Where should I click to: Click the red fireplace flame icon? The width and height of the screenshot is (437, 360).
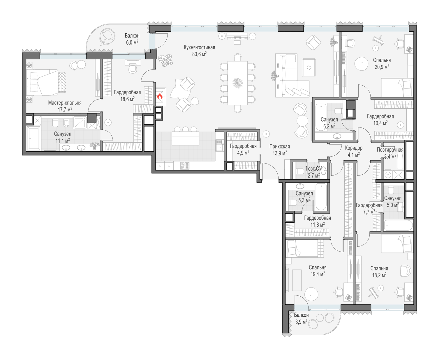(160, 96)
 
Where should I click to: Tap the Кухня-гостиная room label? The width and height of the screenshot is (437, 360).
(199, 47)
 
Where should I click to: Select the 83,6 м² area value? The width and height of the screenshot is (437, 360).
(199, 54)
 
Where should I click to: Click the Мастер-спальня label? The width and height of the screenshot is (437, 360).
(65, 103)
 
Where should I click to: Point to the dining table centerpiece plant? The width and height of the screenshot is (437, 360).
(237, 83)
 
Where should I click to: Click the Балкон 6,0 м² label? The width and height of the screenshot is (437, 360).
(132, 39)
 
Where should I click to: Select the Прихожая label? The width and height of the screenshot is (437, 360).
(280, 147)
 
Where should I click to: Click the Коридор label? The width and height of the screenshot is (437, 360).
(354, 148)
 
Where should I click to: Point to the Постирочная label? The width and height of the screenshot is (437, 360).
(390, 150)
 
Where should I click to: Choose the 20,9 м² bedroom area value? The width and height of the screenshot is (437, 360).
(382, 67)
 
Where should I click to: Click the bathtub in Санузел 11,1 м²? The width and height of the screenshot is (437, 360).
(34, 139)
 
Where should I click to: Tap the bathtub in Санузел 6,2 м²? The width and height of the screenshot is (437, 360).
(321, 117)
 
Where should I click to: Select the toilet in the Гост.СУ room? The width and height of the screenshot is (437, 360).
(300, 171)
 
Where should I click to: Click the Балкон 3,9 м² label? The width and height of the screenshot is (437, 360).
(301, 318)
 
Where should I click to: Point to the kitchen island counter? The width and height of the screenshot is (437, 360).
(185, 138)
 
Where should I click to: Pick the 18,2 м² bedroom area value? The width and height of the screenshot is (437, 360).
(379, 275)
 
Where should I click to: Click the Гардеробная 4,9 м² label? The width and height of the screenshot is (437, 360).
(243, 150)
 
